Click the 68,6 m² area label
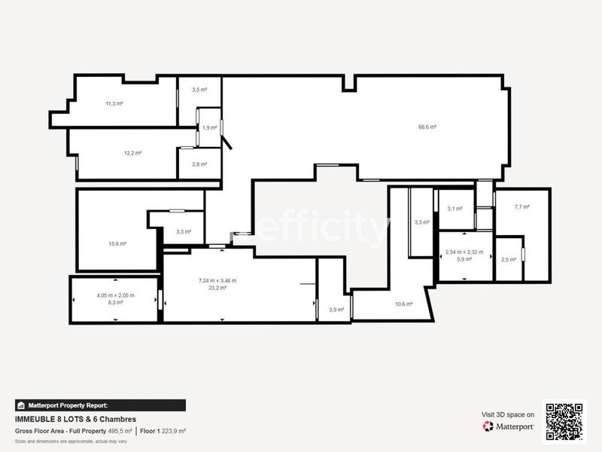(x=428, y=127)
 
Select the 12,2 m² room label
(x=132, y=153)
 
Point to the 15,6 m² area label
(x=117, y=243)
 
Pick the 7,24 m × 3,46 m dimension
(x=217, y=281)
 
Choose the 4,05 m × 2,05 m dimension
(x=115, y=295)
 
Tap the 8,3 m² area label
(x=115, y=302)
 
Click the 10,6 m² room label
(x=404, y=304)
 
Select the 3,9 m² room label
(x=336, y=310)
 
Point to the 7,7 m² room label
(x=522, y=207)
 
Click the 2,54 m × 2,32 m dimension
(x=464, y=252)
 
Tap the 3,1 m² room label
(x=455, y=209)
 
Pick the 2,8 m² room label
(x=199, y=164)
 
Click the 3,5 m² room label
(x=199, y=90)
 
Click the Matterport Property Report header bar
(x=100, y=405)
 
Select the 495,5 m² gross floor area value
(x=119, y=431)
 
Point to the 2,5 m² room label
(x=509, y=260)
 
